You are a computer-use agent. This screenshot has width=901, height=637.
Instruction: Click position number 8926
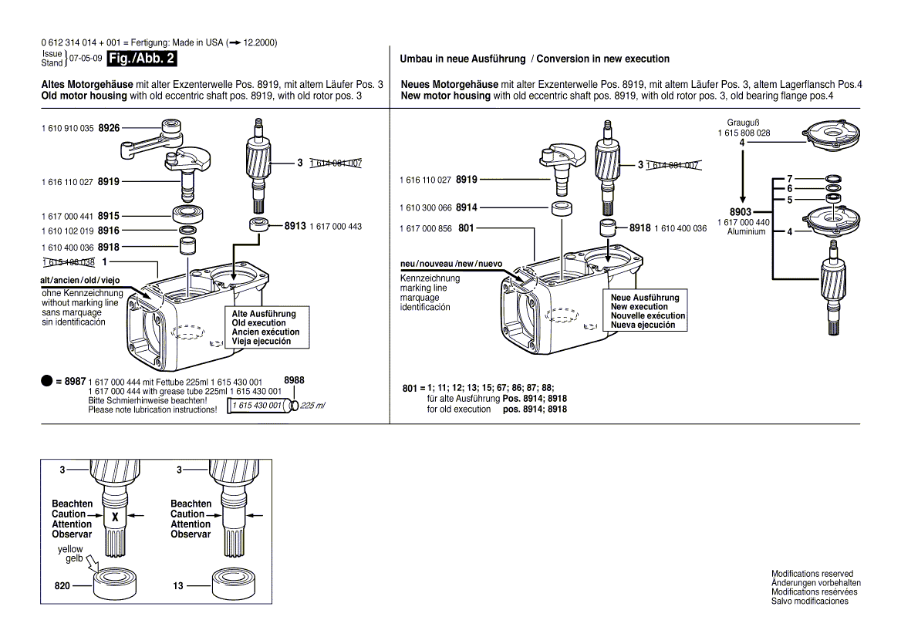[108, 128]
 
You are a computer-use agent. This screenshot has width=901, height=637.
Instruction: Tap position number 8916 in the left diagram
[108, 231]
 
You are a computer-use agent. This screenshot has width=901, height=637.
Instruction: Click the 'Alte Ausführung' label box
[265, 328]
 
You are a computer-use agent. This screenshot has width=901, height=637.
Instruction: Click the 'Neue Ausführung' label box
[646, 312]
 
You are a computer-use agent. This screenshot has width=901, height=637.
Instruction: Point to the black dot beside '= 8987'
[46, 382]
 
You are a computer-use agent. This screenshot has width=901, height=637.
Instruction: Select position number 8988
[294, 380]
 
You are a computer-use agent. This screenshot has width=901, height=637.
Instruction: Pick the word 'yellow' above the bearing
[70, 549]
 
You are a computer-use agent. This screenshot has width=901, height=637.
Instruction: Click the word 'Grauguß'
[744, 123]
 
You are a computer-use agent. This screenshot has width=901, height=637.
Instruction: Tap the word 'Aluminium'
[746, 231]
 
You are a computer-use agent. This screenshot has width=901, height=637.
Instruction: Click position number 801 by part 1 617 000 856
[466, 229]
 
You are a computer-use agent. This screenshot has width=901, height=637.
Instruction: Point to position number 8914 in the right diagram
[466, 207]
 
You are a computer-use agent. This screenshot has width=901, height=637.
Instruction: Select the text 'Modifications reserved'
[812, 574]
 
